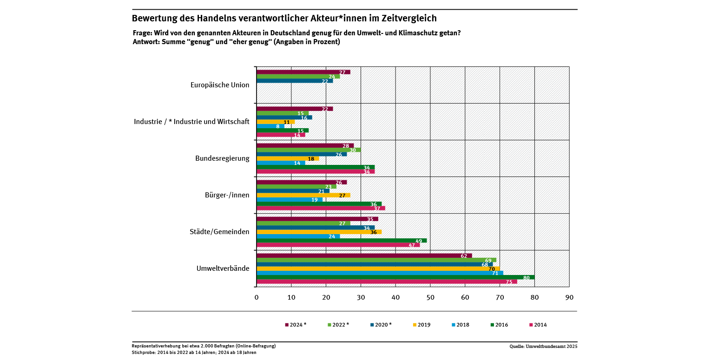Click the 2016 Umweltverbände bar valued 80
[395, 277]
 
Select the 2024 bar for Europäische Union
[303, 72]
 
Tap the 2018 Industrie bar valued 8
[270, 126]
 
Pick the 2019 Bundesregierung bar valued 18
[287, 158]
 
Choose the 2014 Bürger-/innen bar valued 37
[321, 208]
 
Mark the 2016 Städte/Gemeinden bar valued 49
[342, 241]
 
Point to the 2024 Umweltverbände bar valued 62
[364, 255]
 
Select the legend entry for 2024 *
[296, 325]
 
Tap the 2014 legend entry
[538, 325]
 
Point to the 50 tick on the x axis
[430, 297]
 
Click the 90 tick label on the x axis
[569, 297]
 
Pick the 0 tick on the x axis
[257, 297]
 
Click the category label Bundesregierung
[222, 158]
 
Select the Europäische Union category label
[220, 85]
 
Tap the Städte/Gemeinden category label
[219, 231]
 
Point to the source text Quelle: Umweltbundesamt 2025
[543, 346]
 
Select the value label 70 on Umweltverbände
[491, 269]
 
